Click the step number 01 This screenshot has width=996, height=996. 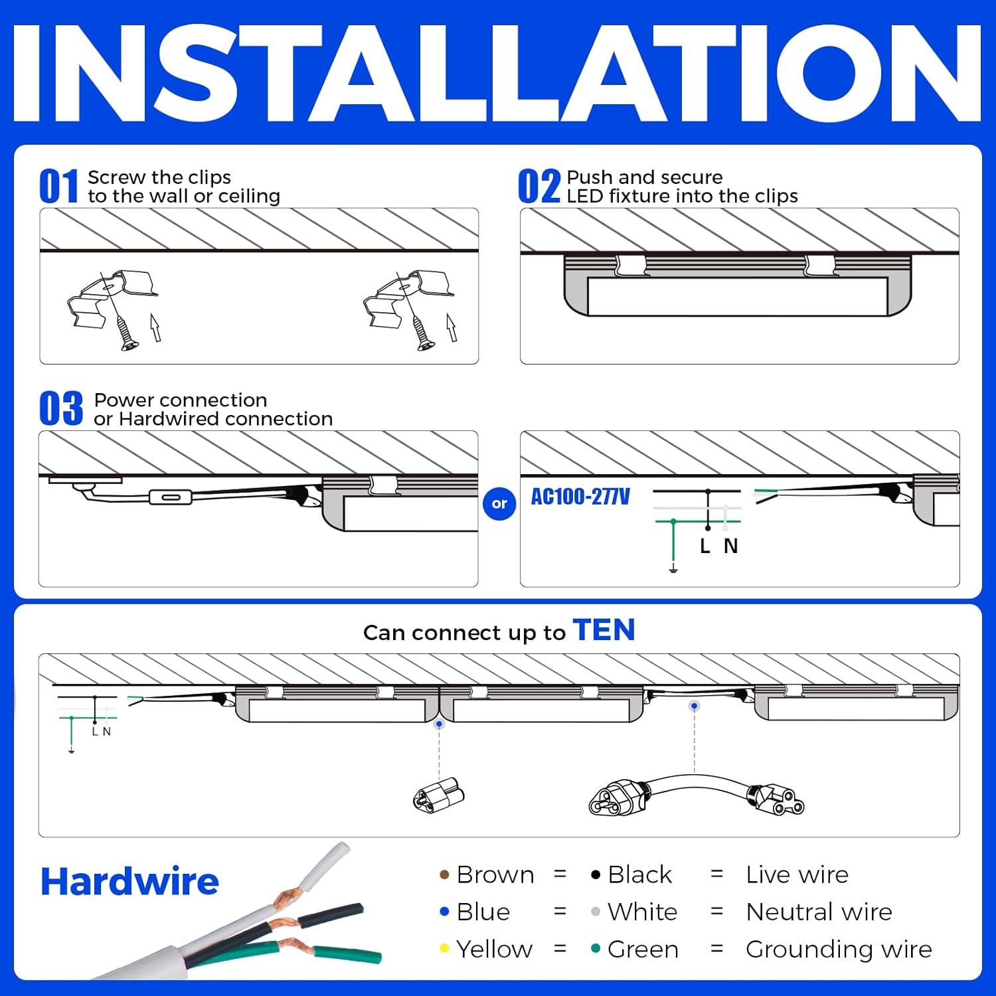[x=58, y=187]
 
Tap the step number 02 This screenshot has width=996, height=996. [x=539, y=187]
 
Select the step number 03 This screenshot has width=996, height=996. [x=60, y=409]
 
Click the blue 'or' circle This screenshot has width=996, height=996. [x=499, y=503]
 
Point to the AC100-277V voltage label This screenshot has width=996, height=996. [x=580, y=497]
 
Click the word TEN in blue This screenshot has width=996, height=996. [x=604, y=630]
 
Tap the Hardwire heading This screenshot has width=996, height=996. [x=129, y=882]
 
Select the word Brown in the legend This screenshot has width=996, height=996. [x=495, y=875]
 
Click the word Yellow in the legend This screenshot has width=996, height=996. [x=494, y=950]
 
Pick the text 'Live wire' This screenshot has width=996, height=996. [x=797, y=875]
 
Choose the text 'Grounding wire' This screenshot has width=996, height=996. [x=839, y=950]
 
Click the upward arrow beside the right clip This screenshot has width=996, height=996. [x=452, y=327]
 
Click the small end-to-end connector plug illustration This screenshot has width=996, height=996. [x=438, y=795]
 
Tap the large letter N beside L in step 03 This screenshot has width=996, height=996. [x=730, y=546]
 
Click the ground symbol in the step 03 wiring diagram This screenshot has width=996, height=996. [x=673, y=569]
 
